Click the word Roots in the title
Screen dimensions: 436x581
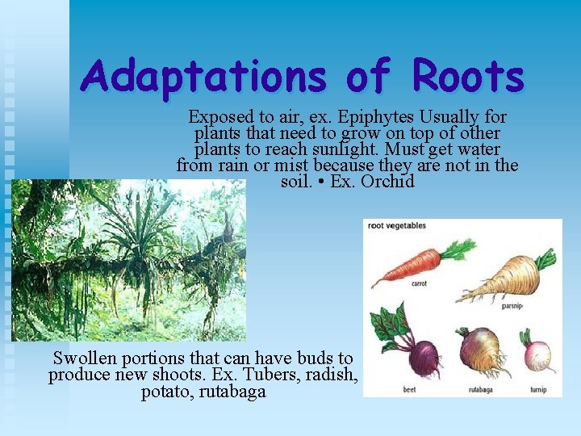pos(468,78)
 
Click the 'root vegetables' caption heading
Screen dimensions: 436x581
pos(397,226)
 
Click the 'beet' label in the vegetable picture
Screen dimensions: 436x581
pos(409,390)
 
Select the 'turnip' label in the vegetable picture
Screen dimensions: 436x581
pos(538,390)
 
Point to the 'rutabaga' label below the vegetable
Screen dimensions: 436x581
pos(481,390)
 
